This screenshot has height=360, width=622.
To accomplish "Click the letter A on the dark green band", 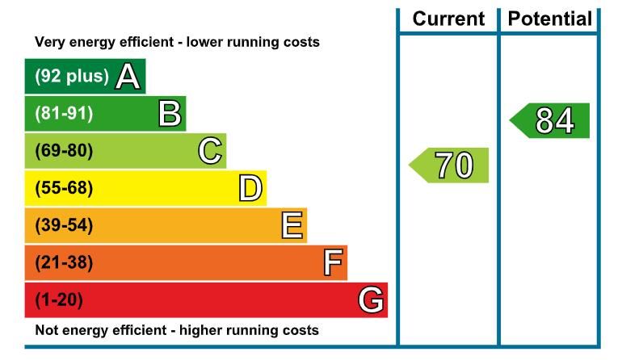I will point(128,77).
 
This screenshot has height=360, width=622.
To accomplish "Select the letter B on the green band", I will point(170,114).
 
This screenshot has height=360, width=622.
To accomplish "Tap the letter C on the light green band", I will point(210,151).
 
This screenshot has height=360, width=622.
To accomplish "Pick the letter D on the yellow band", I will point(250,189).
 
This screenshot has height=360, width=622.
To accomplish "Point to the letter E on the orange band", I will point(292,226).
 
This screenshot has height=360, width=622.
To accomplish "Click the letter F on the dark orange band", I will point(333,263).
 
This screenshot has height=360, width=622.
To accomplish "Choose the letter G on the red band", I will point(371,300).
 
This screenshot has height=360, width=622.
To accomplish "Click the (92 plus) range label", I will point(71,77).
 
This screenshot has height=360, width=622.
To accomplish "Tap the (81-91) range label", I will point(64,114).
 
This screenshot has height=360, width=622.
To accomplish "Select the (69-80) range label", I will point(64,151).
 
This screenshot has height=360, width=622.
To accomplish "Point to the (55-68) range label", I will point(64,189).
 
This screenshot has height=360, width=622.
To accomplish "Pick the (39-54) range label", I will point(64,226).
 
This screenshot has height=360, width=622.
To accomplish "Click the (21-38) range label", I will point(64,263).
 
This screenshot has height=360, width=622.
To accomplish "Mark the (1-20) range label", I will point(59,300).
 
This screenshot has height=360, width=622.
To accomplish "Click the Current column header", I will point(448,19).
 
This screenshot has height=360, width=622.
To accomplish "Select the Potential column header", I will point(549,19).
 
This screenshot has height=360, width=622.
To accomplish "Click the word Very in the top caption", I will point(49,42).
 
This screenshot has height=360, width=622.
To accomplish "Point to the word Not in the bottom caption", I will point(47,330).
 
